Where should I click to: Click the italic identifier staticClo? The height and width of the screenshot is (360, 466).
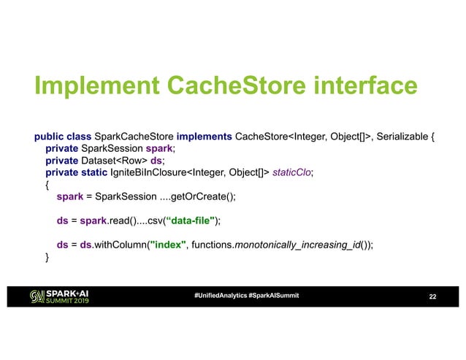coord(291,172)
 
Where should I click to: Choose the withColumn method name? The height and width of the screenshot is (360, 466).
coord(119,245)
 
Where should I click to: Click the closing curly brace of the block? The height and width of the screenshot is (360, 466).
coord(47,257)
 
